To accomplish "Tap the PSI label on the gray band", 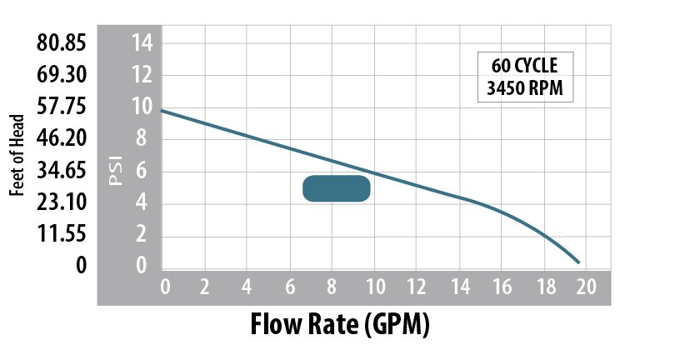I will (115, 169).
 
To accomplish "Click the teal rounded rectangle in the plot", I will (336, 188).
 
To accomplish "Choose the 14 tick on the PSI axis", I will (142, 42).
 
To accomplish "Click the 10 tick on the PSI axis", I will (142, 107).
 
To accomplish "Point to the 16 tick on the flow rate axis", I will (502, 288).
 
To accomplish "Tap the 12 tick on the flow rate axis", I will (417, 288).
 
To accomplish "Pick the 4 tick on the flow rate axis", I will (247, 288).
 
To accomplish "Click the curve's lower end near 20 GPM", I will (579, 262).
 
